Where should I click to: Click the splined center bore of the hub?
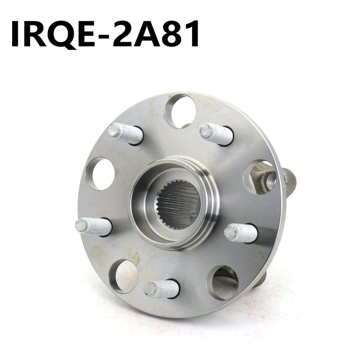point(178,204)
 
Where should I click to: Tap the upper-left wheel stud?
point(126,134)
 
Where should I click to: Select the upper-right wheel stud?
point(216,134)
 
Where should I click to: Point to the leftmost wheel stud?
point(93,226)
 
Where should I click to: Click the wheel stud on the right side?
point(241,233)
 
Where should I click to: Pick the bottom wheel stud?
point(162,288)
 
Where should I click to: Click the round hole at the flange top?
point(181,111)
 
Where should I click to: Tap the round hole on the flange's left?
point(100,174)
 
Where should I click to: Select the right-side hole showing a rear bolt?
point(260,177)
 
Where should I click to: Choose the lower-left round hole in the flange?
point(123,276)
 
